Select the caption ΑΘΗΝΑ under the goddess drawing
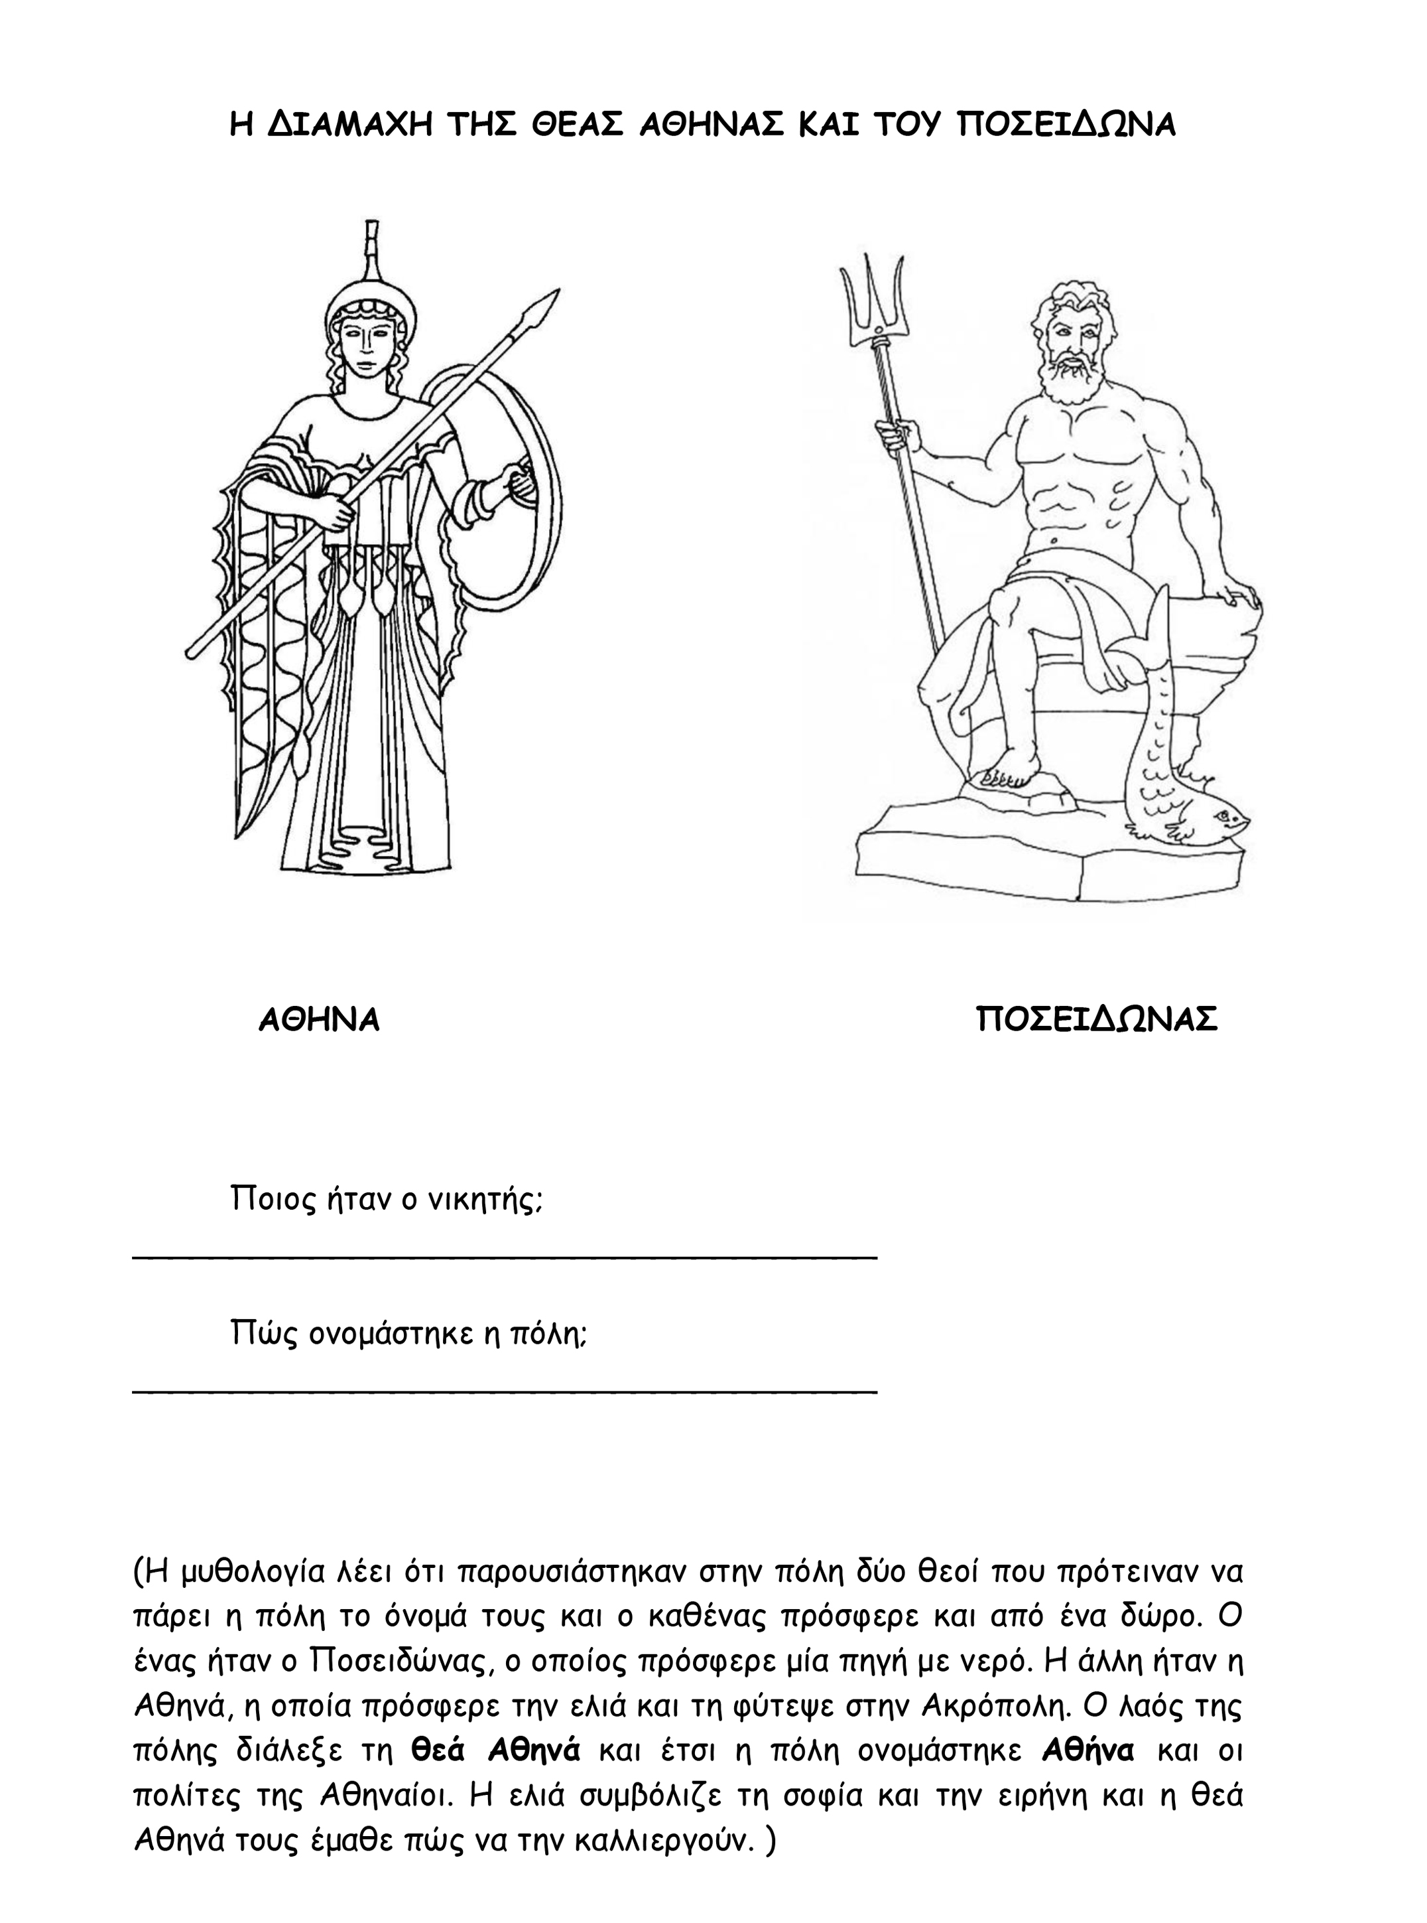tap(319, 1021)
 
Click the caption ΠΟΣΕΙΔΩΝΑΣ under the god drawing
tap(1097, 1020)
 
